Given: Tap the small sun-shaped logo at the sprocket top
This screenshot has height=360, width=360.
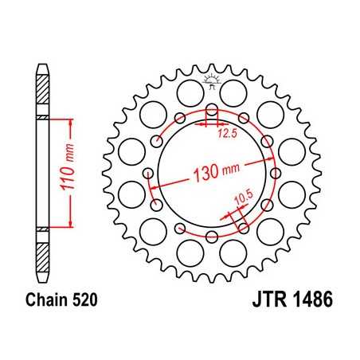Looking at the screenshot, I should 212,80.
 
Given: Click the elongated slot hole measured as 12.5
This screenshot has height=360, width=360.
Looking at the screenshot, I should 212,112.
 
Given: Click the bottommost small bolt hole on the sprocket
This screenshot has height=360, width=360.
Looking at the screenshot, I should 212,236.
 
